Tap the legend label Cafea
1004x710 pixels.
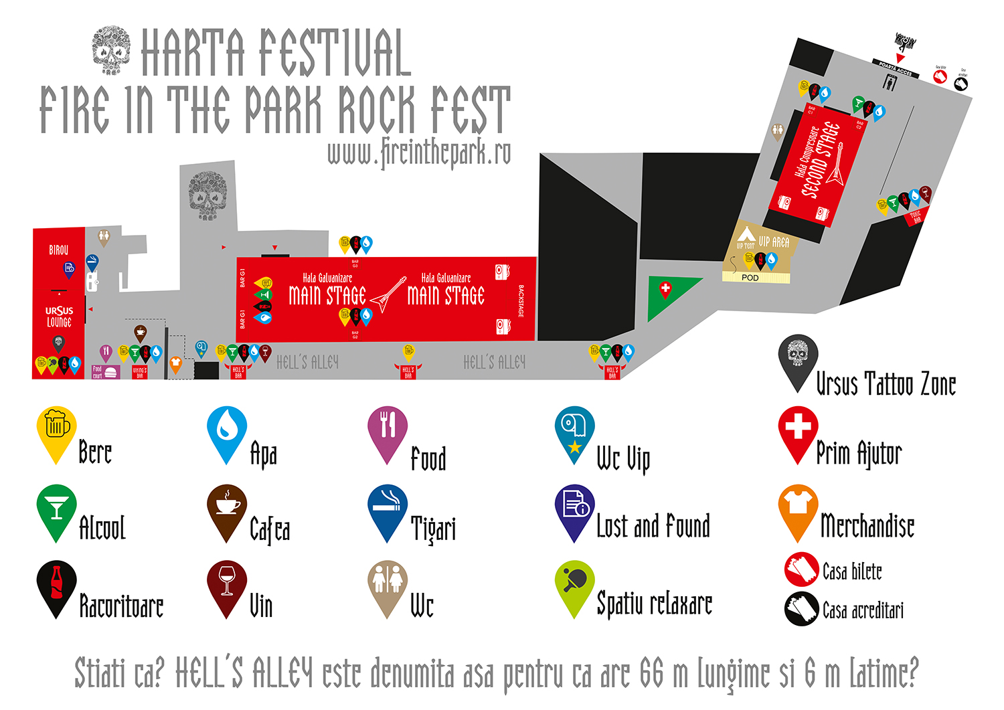270,529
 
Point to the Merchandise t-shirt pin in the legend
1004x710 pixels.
798,504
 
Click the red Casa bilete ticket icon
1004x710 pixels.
801,569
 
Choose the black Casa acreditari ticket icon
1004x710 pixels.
801,609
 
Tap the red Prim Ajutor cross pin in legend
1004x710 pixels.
798,426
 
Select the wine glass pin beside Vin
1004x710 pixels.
227,580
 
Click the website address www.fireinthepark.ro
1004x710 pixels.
419,153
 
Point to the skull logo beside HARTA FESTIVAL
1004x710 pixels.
111,50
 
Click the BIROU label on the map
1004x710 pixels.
59,250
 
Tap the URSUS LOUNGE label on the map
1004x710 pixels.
59,317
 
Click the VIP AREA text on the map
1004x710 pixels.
774,242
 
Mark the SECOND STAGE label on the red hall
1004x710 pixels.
821,161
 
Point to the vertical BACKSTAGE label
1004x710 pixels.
521,301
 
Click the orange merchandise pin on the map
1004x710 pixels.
175,363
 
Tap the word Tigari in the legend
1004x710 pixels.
433,529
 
